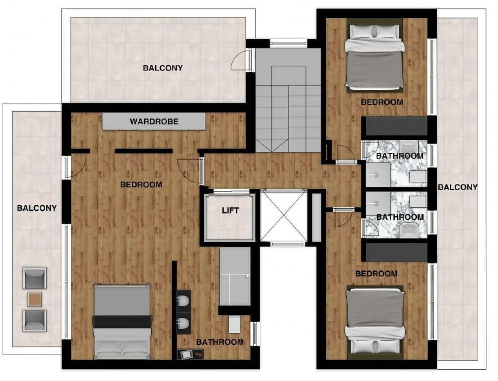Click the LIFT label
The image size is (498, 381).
pyautogui.click(x=230, y=211)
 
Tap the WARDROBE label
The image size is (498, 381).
pyautogui.click(x=154, y=121)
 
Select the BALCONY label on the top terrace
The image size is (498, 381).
pyautogui.click(x=163, y=68)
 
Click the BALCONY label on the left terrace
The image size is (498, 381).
pyautogui.click(x=37, y=208)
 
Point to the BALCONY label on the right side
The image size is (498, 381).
pyautogui.click(x=458, y=187)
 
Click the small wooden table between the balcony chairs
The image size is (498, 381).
pyautogui.click(x=35, y=299)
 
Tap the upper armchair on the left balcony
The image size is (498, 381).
pyautogui.click(x=35, y=278)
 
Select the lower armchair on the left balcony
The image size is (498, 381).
pyautogui.click(x=35, y=321)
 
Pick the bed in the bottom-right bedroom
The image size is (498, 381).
pyautogui.click(x=375, y=322)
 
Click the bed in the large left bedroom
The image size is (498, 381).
pyautogui.click(x=122, y=322)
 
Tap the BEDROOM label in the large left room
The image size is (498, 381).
pyautogui.click(x=141, y=184)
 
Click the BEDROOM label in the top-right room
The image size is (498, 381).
pyautogui.click(x=382, y=102)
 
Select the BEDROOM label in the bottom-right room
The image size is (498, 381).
pyautogui.click(x=376, y=274)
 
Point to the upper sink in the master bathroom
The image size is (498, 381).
pyautogui.click(x=183, y=300)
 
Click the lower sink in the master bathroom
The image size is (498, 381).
pyautogui.click(x=183, y=323)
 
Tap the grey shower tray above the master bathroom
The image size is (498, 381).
pyautogui.click(x=235, y=277)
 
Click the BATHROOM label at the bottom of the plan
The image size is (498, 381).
pyautogui.click(x=220, y=342)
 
